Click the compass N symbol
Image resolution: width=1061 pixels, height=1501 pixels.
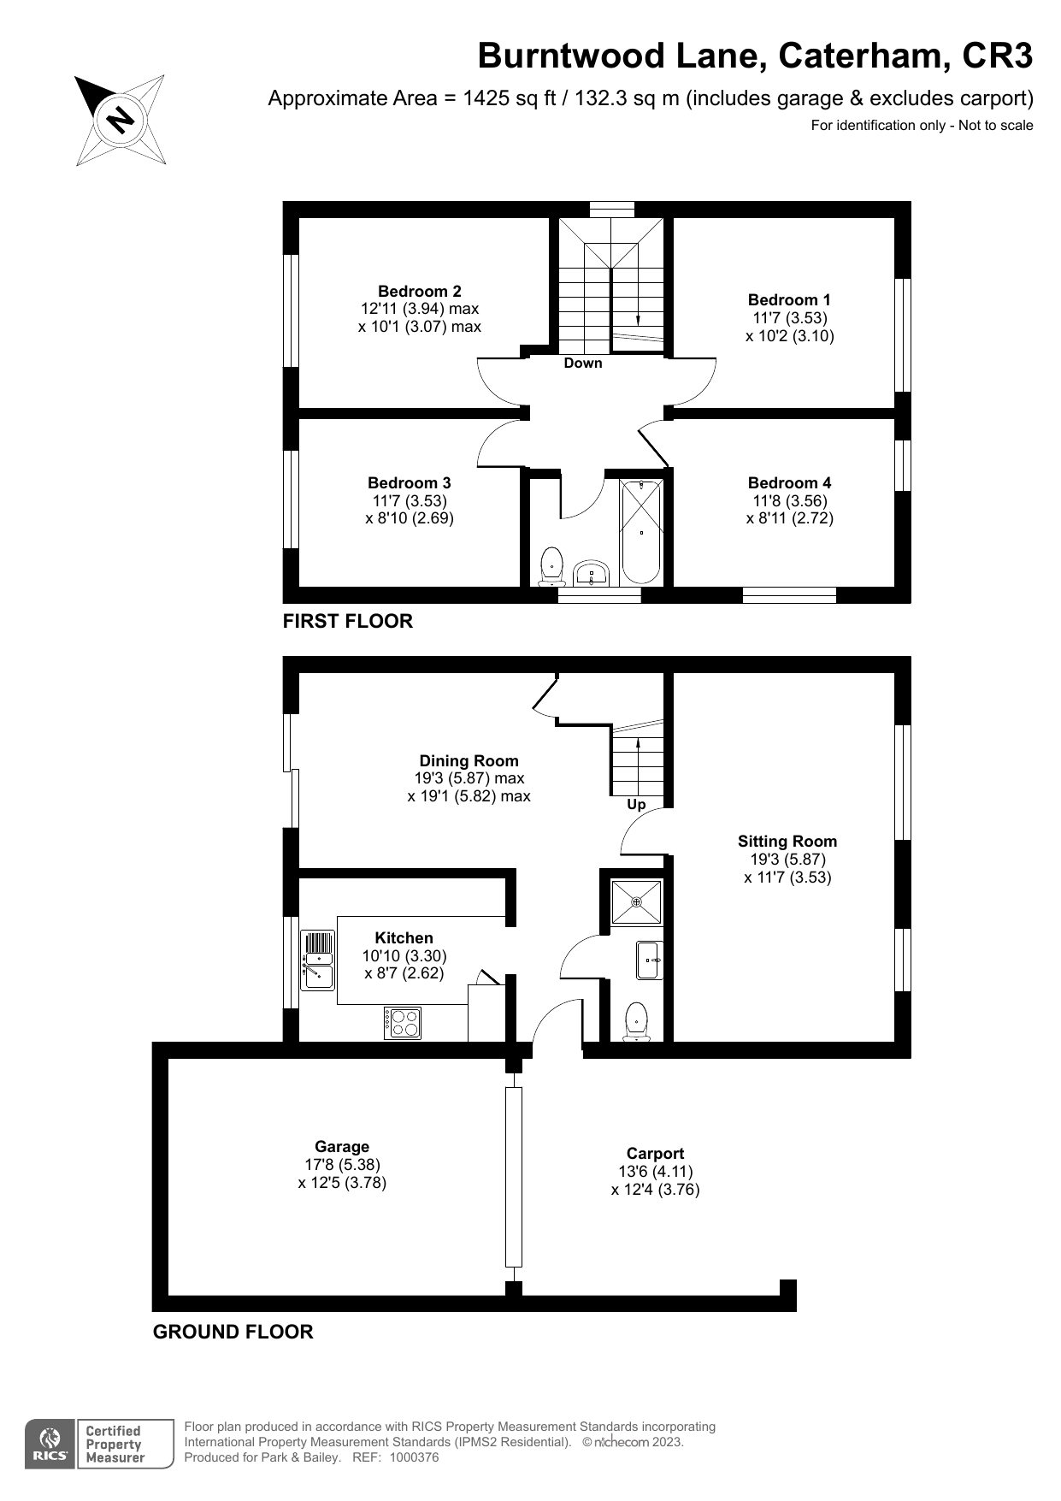(x=121, y=119)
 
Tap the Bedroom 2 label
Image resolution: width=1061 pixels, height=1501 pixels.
(x=419, y=291)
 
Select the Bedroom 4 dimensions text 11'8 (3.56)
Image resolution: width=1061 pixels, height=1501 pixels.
(x=788, y=500)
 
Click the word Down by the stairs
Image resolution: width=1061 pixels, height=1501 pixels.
(x=583, y=363)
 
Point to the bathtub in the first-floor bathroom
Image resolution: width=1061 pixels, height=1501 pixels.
(x=641, y=533)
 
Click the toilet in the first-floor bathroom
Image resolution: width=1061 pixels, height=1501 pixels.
(x=552, y=566)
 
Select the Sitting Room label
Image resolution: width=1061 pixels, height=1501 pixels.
(x=787, y=841)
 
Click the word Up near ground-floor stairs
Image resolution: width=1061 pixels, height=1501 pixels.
(x=636, y=804)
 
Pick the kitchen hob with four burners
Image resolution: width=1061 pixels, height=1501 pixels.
(x=403, y=1023)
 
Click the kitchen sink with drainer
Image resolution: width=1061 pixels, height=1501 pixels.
(x=316, y=960)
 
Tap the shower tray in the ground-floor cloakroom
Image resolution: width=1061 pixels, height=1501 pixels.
(x=636, y=901)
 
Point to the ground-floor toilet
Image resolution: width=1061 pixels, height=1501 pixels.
(x=636, y=1021)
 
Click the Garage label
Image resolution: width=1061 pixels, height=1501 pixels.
(x=342, y=1146)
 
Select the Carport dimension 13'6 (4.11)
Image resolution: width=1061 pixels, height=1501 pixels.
(x=655, y=1171)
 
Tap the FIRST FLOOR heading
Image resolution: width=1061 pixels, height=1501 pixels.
(x=347, y=621)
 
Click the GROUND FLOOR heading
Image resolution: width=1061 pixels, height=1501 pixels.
(x=233, y=1332)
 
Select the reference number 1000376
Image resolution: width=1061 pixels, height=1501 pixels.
(x=414, y=1457)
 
